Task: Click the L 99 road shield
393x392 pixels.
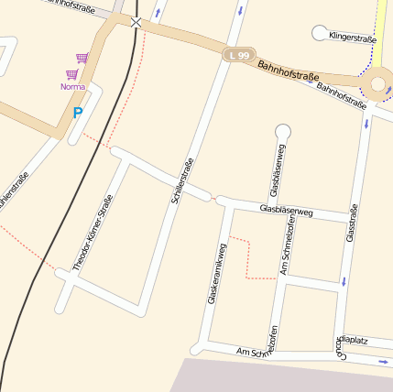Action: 239,56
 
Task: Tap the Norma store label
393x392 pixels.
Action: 72,87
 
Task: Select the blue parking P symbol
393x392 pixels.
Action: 78,114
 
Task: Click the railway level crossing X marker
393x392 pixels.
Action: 136,22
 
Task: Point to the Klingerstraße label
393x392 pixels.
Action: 353,39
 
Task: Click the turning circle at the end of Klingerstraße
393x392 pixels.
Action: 320,34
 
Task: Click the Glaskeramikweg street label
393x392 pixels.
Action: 215,273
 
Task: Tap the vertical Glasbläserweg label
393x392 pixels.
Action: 278,170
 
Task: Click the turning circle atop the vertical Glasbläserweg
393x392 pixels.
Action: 282,130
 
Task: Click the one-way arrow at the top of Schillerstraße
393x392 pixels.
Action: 241,11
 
